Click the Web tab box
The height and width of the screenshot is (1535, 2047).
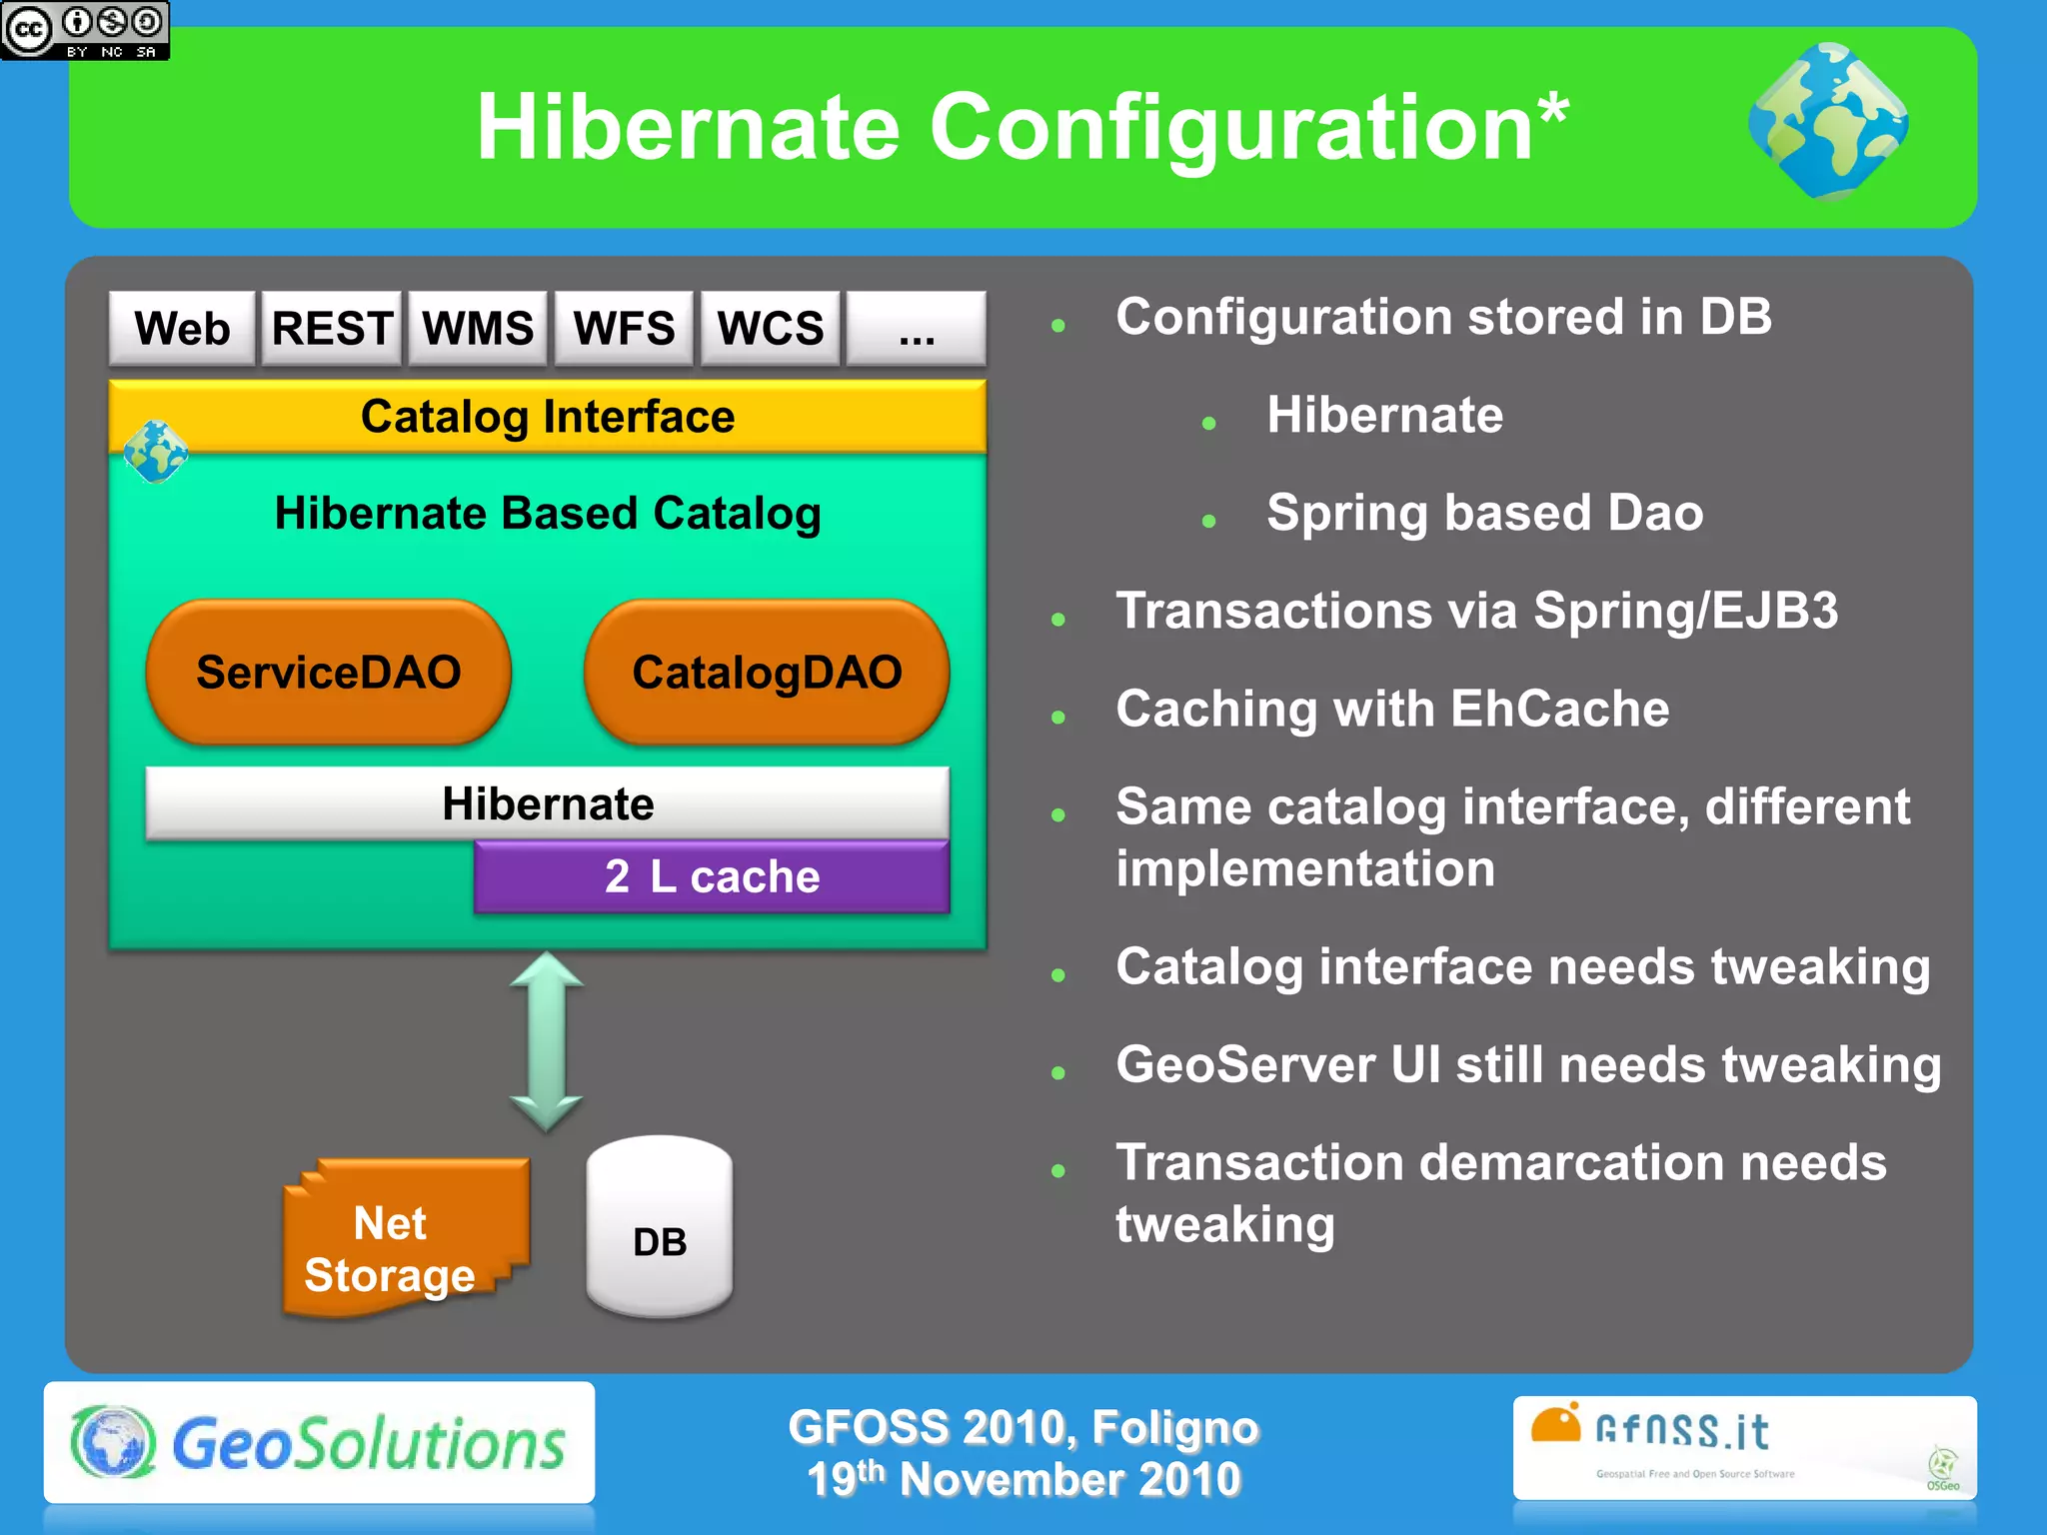(182, 329)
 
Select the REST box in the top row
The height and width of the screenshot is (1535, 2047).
(332, 329)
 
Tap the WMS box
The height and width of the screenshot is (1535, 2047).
(478, 329)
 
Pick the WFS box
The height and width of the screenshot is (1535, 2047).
(624, 329)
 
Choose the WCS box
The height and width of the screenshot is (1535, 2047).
(770, 329)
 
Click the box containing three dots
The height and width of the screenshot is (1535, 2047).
(916, 329)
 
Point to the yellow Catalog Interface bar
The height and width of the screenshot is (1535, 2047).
(548, 416)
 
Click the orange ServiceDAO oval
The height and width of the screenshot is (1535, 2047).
(328, 672)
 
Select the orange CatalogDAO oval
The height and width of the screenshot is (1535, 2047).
(767, 672)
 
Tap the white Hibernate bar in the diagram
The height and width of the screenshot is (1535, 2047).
(548, 803)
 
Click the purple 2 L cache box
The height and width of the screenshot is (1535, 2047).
(712, 876)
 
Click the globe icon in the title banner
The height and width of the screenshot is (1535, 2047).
(1828, 122)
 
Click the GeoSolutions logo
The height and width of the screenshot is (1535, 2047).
(319, 1443)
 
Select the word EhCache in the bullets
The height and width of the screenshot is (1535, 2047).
(1559, 709)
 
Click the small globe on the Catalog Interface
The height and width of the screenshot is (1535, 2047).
(156, 452)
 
